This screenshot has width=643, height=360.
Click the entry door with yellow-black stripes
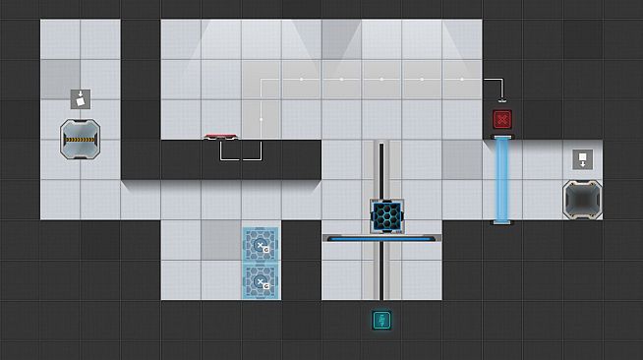(x=81, y=140)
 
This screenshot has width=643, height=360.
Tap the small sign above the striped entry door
(x=81, y=98)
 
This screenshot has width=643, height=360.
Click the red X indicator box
(x=502, y=120)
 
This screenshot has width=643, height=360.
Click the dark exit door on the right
(x=581, y=198)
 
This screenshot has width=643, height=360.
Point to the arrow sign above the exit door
(x=581, y=159)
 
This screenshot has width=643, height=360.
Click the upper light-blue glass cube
(x=261, y=244)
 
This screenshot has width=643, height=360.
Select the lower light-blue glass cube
(x=261, y=281)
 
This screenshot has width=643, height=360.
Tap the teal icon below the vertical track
(x=381, y=321)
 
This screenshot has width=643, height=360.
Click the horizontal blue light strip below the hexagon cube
(x=381, y=238)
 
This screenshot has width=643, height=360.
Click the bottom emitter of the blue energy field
(x=502, y=223)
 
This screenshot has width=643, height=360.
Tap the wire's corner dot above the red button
(x=261, y=120)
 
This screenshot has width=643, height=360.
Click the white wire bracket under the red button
(x=241, y=152)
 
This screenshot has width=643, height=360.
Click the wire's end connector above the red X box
(x=502, y=99)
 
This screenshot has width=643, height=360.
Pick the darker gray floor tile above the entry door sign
(x=60, y=79)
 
